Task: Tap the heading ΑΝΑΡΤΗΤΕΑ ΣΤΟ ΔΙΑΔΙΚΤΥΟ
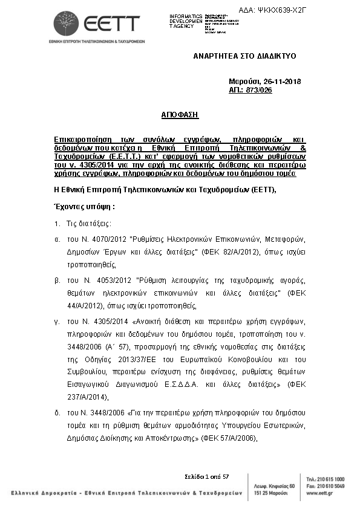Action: pos(244,56)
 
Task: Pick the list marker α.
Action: pos(57,239)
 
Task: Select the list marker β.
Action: pos(57,278)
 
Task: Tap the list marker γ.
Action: pos(57,320)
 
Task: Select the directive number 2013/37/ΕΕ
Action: pos(144,358)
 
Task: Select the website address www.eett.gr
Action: pos(318,493)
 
